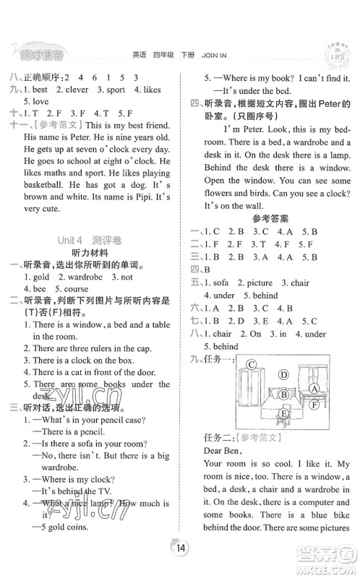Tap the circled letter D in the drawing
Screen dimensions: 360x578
click(x=284, y=375)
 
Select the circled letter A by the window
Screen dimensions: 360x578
click(x=314, y=389)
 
